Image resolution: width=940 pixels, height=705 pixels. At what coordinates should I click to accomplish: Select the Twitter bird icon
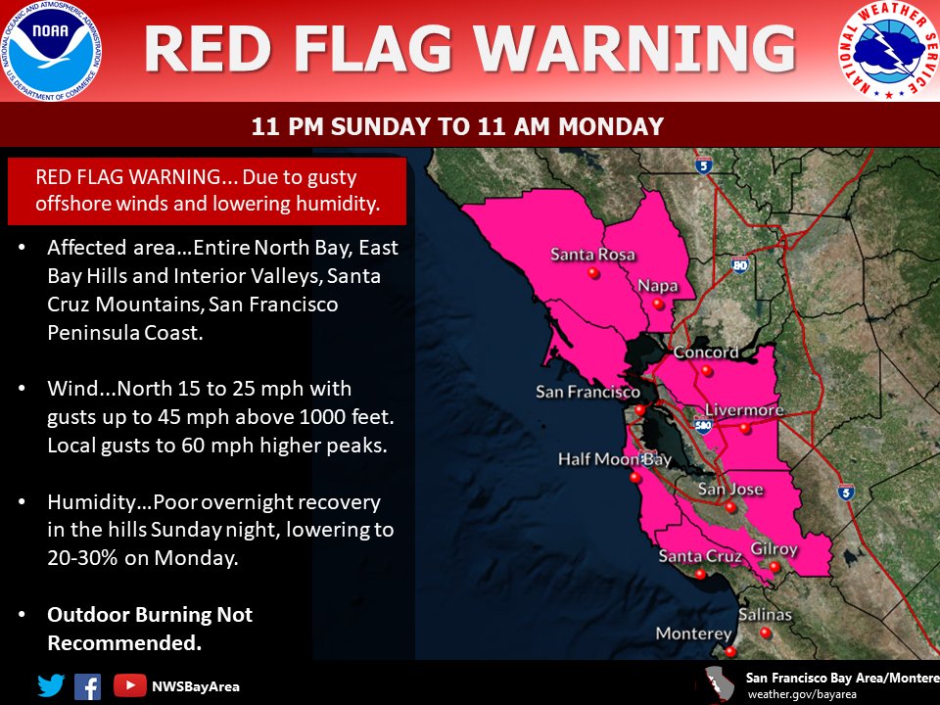point(51,685)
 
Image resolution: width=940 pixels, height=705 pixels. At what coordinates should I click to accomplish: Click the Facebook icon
point(87,685)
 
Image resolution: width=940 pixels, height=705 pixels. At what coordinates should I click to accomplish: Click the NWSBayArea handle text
point(195,686)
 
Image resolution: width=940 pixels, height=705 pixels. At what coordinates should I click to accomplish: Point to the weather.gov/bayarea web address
point(803,693)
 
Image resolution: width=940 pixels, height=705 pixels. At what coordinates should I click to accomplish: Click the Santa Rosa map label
point(592,255)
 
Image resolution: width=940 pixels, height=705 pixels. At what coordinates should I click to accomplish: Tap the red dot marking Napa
point(659,305)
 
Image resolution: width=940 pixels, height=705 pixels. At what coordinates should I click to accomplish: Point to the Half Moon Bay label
point(615,459)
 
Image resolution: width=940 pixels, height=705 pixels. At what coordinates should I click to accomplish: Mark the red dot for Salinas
point(766,633)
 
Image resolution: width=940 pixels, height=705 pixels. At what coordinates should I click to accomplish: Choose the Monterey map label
point(693,634)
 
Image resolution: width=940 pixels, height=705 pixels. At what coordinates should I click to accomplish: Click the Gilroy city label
point(774,549)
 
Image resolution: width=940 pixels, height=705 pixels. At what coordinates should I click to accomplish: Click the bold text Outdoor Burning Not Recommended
point(150,629)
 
